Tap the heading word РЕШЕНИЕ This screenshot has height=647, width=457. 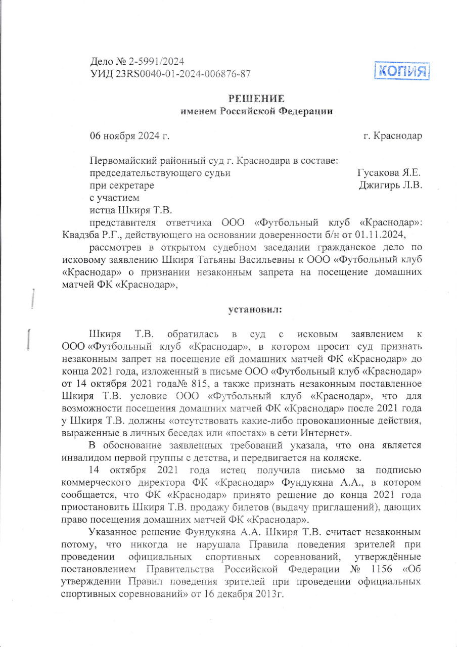click(x=256, y=98)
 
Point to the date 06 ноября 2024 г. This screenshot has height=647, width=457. click(x=129, y=135)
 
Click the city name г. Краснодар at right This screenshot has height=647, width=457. click(x=392, y=135)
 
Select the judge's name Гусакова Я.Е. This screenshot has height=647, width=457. click(x=389, y=173)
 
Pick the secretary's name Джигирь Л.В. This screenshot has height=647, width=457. click(x=390, y=185)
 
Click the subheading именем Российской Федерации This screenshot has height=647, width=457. click(x=257, y=111)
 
